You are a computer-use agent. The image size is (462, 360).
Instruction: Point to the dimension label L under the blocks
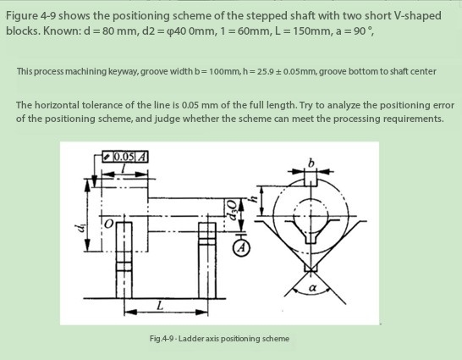coord(159,304)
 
